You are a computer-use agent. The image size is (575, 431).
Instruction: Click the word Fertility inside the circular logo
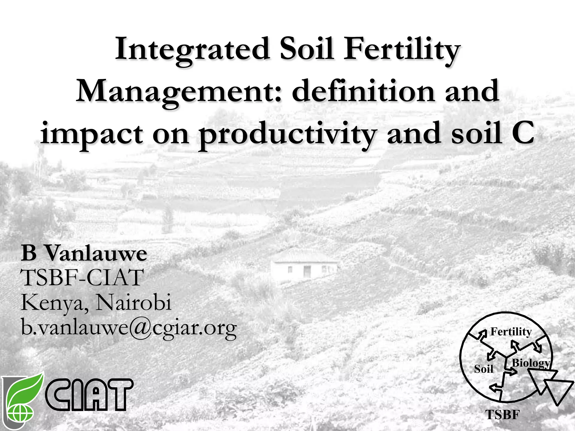511,332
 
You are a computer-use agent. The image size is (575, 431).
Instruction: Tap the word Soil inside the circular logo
483,369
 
